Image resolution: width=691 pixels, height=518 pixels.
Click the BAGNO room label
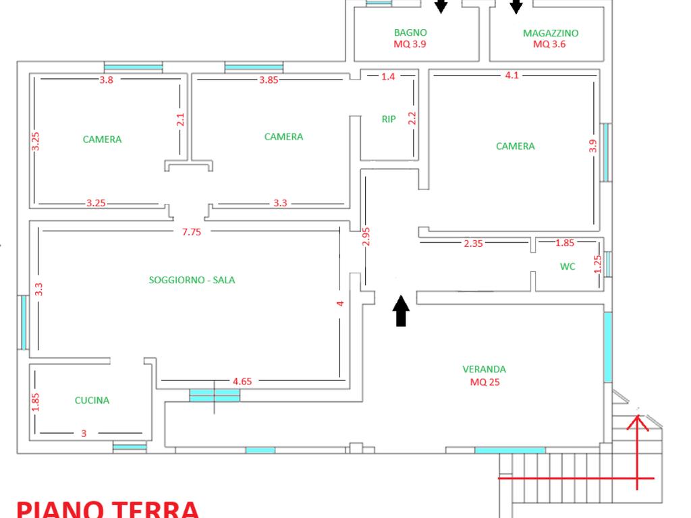pyautogui.click(x=410, y=32)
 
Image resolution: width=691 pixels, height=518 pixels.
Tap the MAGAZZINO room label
pyautogui.click(x=551, y=33)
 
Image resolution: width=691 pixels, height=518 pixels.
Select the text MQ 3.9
pyautogui.click(x=410, y=44)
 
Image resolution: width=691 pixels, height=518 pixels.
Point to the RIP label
pyautogui.click(x=389, y=119)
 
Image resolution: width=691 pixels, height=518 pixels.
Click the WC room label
pyautogui.click(x=568, y=266)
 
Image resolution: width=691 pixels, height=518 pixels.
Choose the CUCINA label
pyautogui.click(x=92, y=401)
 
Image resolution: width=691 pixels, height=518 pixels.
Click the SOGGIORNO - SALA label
pyautogui.click(x=192, y=280)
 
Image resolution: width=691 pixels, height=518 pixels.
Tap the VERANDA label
pyautogui.click(x=485, y=369)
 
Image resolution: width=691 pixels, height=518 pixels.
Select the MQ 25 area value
pyautogui.click(x=485, y=382)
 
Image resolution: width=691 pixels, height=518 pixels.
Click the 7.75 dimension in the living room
pyautogui.click(x=192, y=232)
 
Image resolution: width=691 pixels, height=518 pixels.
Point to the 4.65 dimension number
pyautogui.click(x=242, y=382)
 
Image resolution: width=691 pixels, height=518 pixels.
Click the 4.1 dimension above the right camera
pyautogui.click(x=512, y=76)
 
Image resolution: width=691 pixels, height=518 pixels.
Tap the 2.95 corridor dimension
pyautogui.click(x=366, y=237)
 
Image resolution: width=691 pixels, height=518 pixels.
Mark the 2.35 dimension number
pyautogui.click(x=473, y=243)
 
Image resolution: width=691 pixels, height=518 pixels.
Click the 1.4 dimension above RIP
pyautogui.click(x=388, y=77)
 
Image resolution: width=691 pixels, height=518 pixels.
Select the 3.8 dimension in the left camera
pyautogui.click(x=106, y=80)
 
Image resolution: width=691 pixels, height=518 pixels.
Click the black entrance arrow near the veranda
pyautogui.click(x=401, y=311)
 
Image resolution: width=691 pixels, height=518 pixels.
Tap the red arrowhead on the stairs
pyautogui.click(x=638, y=422)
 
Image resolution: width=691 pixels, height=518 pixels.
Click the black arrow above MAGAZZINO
pyautogui.click(x=516, y=7)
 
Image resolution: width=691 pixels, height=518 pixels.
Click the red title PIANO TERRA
pyautogui.click(x=108, y=510)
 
